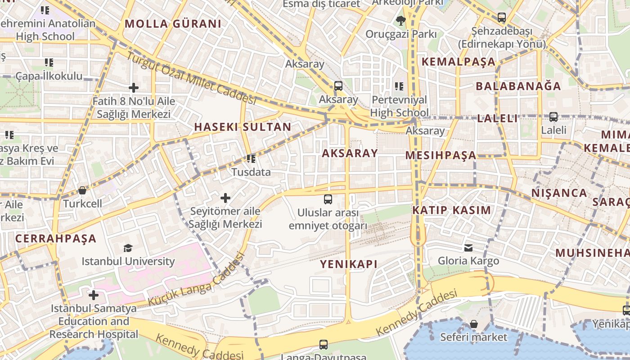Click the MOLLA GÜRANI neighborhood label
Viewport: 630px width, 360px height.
(x=173, y=24)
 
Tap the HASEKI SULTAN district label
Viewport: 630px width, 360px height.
(x=243, y=127)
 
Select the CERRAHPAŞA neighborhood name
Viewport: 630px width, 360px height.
(x=56, y=238)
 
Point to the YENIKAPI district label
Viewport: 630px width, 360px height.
(x=349, y=264)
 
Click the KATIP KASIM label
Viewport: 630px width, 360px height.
(x=451, y=210)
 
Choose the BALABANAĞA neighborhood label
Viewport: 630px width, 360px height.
(x=518, y=86)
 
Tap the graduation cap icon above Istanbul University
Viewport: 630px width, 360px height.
(x=128, y=248)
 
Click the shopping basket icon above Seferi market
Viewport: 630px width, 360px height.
(x=473, y=324)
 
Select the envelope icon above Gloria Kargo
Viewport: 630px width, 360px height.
(x=468, y=247)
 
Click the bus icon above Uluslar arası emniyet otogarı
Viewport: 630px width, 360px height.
(x=328, y=199)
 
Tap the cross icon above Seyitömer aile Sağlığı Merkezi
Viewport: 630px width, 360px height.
(x=225, y=198)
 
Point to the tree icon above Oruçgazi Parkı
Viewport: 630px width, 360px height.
(x=400, y=20)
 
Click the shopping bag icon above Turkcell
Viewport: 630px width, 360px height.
(x=82, y=190)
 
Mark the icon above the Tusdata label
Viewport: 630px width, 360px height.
(x=251, y=158)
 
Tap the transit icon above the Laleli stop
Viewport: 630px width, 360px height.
(x=553, y=117)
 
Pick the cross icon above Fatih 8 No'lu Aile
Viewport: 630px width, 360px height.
(x=134, y=88)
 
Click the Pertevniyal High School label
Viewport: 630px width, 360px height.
(x=400, y=106)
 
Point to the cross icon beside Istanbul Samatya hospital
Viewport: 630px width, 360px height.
(x=94, y=295)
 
